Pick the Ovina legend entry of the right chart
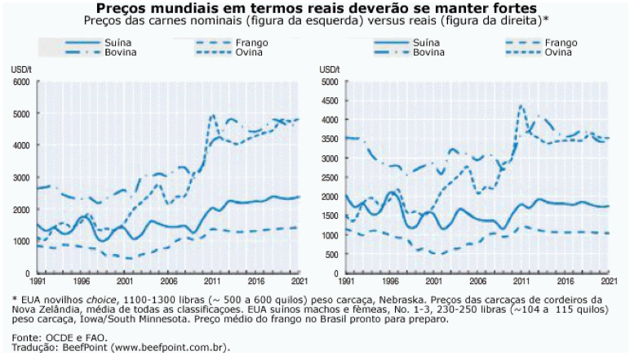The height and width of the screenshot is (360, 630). tap(557, 51)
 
